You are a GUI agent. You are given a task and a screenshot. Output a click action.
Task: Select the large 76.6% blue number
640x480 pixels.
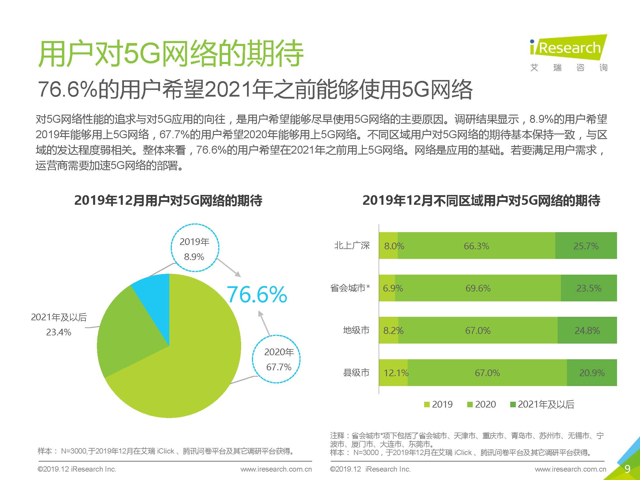257,294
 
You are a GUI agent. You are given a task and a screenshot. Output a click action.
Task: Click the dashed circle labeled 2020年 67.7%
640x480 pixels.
276,359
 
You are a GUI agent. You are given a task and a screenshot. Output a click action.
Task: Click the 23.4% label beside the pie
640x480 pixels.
58,332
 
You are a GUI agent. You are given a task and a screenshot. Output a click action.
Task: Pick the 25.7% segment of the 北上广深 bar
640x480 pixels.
586,246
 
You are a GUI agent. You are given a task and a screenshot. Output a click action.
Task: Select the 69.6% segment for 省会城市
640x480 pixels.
478,288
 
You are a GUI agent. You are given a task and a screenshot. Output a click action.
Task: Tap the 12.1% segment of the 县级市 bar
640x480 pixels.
393,373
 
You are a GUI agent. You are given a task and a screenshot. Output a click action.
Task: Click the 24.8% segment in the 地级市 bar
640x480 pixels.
587,330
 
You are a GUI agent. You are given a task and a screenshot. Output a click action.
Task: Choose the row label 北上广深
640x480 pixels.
352,246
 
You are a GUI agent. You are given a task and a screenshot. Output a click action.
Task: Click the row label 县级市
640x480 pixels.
356,373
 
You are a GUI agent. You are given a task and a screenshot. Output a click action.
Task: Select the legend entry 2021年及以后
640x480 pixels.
543,404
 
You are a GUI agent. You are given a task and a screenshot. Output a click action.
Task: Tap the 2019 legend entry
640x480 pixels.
438,404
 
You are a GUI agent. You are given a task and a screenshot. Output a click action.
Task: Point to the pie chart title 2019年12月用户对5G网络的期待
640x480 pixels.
168,200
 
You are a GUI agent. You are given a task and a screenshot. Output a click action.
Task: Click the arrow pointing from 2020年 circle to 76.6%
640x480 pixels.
264,323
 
